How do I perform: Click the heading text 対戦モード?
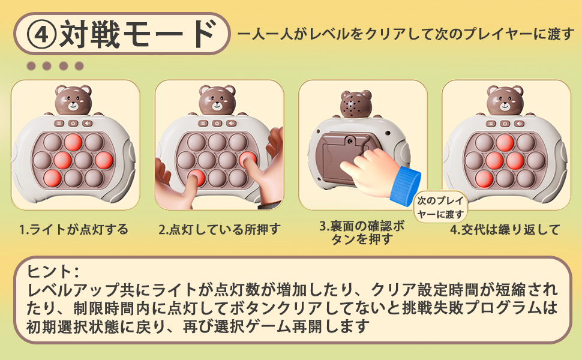tap(138, 34)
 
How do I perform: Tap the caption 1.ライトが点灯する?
tap(73, 229)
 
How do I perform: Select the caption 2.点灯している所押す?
tap(220, 229)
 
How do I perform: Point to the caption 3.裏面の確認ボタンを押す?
tap(362, 233)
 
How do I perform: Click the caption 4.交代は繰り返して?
tap(505, 229)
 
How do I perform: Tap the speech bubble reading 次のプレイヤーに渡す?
tap(440, 207)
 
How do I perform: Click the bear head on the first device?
tap(73, 100)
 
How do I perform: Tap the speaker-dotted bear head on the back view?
tap(356, 104)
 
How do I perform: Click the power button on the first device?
tap(73, 124)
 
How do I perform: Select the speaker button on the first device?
tap(87, 124)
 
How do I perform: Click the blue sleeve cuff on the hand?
tap(404, 187)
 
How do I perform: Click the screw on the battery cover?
tap(349, 140)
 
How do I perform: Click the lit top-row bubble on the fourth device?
tap(505, 143)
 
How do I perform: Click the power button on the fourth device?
tap(505, 124)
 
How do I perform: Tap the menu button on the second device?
tap(203, 124)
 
